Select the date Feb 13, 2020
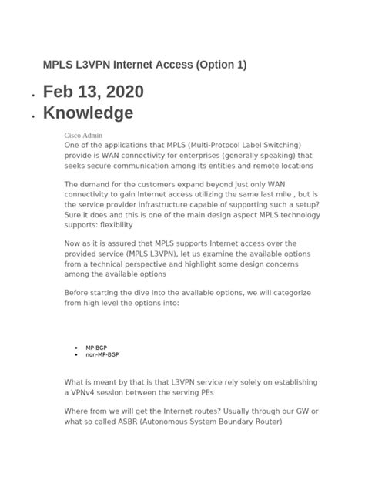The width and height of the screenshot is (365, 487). click(93, 92)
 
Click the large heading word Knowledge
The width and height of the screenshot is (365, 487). click(88, 113)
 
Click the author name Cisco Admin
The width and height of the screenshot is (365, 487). click(83, 134)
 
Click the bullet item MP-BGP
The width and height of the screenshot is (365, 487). click(96, 348)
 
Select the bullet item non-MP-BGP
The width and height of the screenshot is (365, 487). click(102, 354)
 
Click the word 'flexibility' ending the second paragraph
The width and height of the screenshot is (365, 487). click(114, 225)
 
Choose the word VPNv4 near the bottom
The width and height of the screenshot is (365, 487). click(85, 392)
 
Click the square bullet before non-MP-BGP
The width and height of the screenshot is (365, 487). click(76, 355)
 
